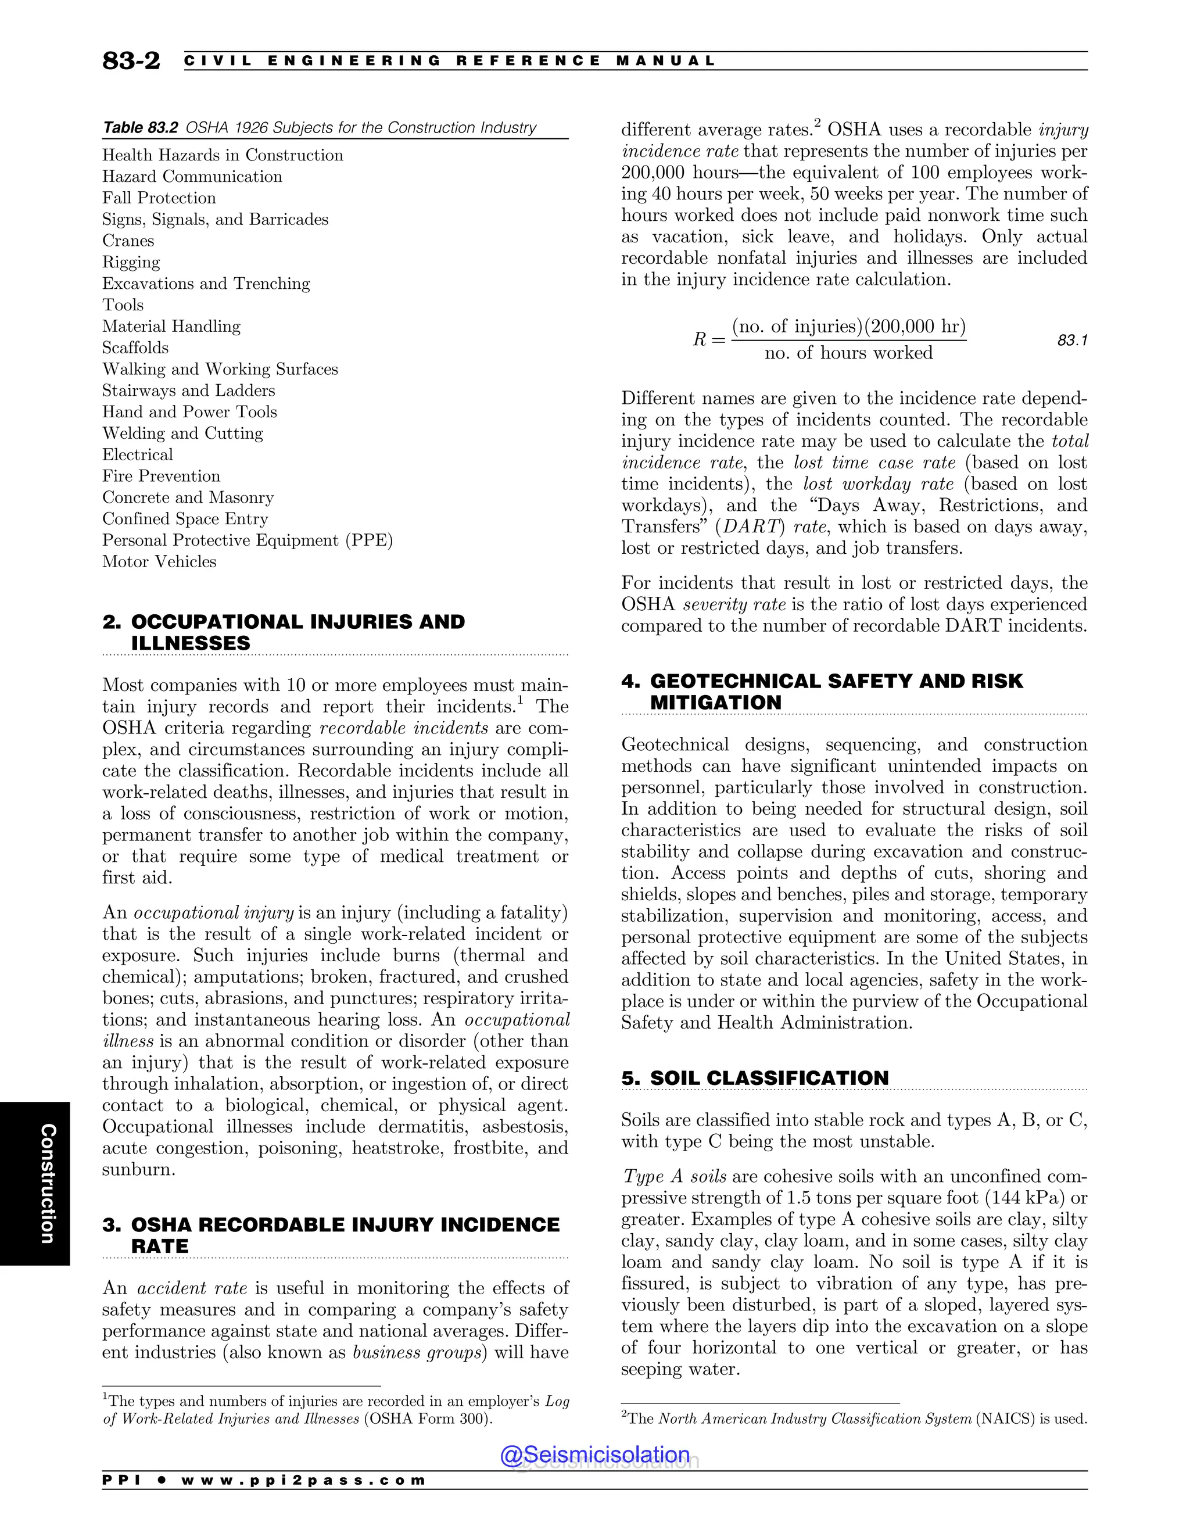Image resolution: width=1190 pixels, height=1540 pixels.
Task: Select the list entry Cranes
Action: [128, 241]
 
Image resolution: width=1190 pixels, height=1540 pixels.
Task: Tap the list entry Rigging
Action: [131, 262]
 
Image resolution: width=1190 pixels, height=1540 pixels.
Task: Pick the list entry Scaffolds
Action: [135, 348]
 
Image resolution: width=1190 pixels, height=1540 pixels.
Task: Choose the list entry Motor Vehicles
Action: [159, 562]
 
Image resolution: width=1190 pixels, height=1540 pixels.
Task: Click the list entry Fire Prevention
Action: [162, 476]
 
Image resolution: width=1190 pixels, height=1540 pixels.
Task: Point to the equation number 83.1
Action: [1071, 341]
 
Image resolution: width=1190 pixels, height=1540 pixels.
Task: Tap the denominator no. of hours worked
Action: [848, 353]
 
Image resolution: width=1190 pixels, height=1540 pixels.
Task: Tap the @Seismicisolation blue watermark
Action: [594, 1454]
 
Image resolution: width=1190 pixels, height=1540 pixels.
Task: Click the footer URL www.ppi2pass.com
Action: [303, 1480]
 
